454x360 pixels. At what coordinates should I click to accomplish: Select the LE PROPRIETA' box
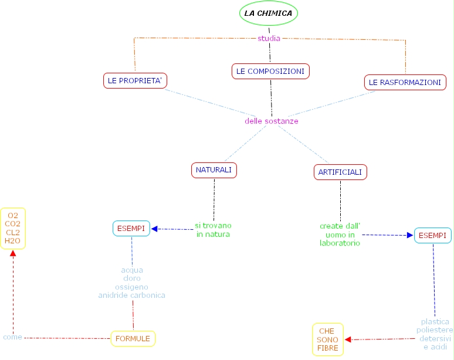coord(135,80)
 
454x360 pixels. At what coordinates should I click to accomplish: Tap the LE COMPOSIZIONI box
coord(270,71)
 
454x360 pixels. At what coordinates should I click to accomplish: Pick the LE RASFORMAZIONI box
coord(405,83)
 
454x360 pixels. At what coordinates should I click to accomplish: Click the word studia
coord(269,39)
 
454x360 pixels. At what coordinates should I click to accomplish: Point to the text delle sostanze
coord(272,121)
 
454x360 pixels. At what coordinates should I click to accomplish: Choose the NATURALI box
coord(214,170)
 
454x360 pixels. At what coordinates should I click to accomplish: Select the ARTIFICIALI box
coord(341,172)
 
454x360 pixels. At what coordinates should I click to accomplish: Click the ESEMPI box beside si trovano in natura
coord(131,229)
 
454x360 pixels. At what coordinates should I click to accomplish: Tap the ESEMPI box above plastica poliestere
coord(432,236)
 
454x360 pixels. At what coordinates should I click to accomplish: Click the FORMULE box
coord(133,338)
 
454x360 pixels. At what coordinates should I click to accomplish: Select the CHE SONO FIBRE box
coord(328,339)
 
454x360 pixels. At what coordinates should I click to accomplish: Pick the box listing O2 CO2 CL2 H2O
coord(13,228)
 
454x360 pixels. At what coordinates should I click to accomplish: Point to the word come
coord(12,337)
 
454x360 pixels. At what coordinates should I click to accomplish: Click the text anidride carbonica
coord(132,296)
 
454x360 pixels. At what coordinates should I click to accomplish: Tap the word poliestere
coord(435,330)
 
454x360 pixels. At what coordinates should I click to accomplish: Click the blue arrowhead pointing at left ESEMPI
coord(155,229)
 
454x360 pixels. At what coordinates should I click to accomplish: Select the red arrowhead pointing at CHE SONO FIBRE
coord(348,339)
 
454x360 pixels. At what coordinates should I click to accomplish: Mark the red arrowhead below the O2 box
coord(13,254)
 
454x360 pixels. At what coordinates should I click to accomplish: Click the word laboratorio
coord(340,243)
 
